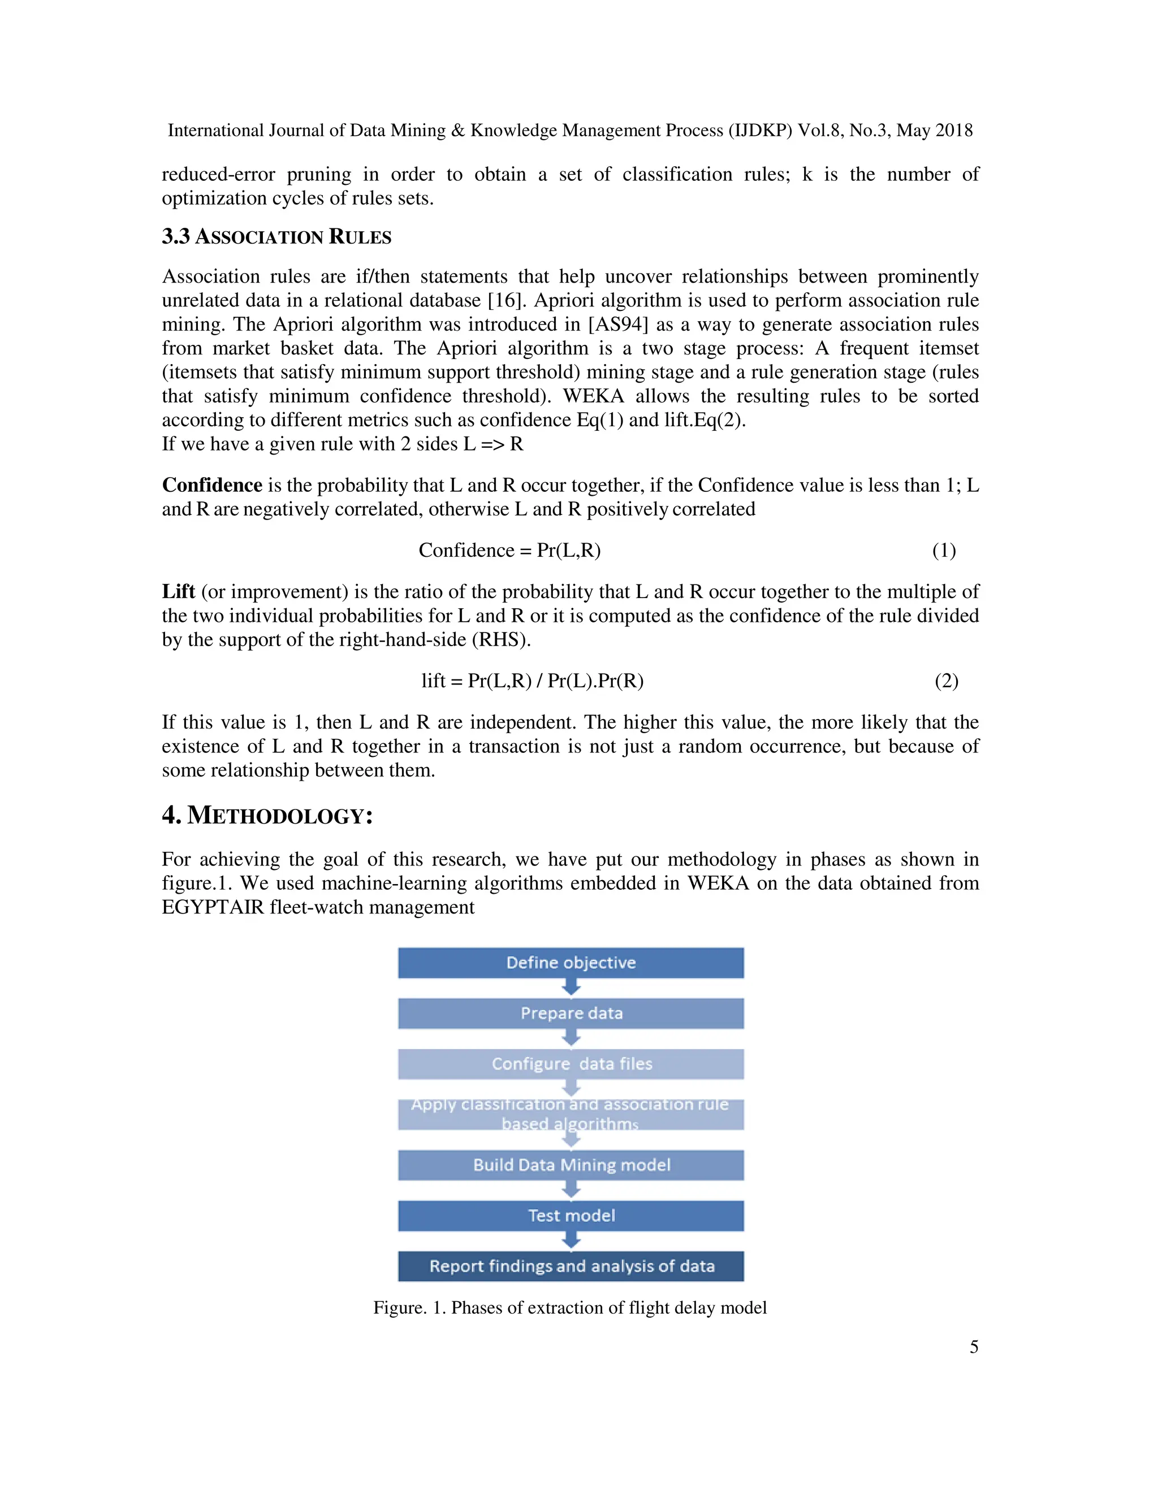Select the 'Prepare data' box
click(571, 1013)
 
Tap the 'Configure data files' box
click(571, 1064)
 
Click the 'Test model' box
click(571, 1215)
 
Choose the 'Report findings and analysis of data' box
click(571, 1266)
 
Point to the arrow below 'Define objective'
click(571, 987)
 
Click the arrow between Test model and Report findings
click(571, 1240)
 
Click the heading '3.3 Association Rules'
click(276, 237)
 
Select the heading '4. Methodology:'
click(267, 816)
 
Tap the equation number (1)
click(944, 550)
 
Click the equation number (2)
click(946, 681)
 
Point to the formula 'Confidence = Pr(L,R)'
click(509, 550)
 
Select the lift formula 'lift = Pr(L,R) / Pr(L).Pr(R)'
click(532, 681)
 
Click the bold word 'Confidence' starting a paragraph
click(212, 485)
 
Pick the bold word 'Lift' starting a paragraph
click(178, 591)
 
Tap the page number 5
click(974, 1347)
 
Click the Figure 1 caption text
click(569, 1307)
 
